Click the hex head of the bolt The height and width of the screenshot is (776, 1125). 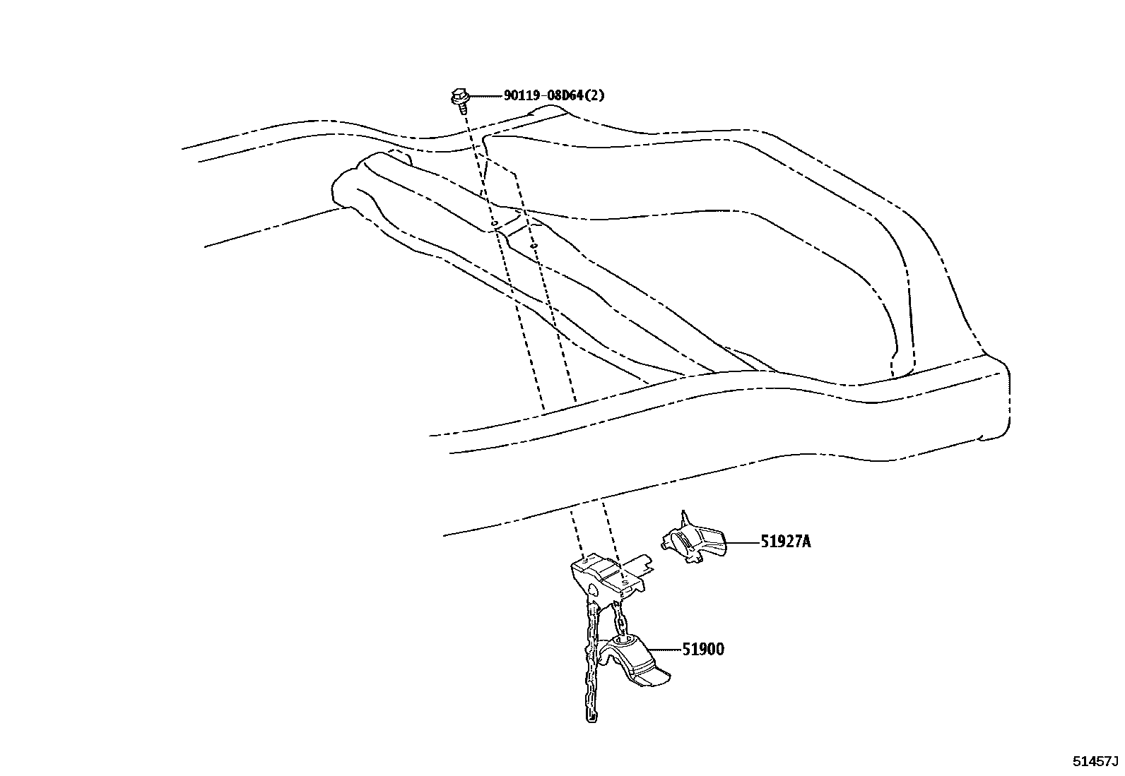tap(458, 95)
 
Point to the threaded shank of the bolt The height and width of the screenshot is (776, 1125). tap(461, 108)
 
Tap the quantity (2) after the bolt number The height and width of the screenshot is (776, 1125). tap(595, 95)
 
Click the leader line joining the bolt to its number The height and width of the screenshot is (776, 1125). tap(484, 95)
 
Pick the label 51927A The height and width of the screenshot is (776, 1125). tap(784, 542)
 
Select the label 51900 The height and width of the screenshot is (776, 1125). tap(702, 649)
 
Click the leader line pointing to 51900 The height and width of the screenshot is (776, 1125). tap(664, 649)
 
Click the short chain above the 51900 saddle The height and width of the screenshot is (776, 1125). tap(620, 621)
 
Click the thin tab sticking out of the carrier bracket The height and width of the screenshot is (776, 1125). tap(641, 561)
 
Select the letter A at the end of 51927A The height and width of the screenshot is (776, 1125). tap(806, 542)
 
